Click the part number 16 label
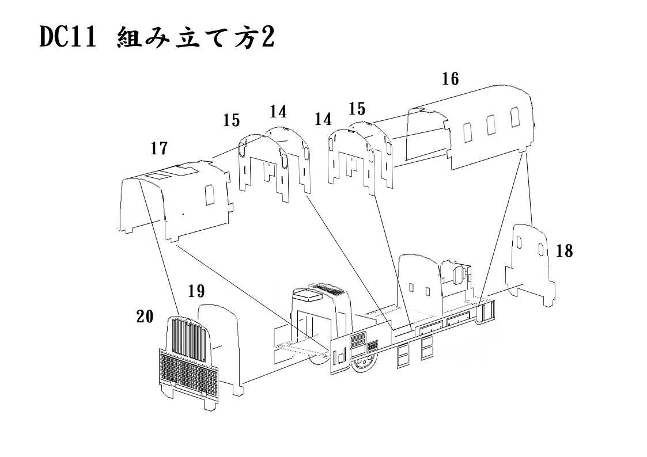(x=451, y=79)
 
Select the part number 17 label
(x=159, y=149)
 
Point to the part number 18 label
(x=565, y=251)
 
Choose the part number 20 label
(x=145, y=316)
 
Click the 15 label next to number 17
(x=232, y=120)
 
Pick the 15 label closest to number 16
(x=357, y=108)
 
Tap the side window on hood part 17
(x=210, y=195)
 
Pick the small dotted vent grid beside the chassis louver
(x=372, y=346)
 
